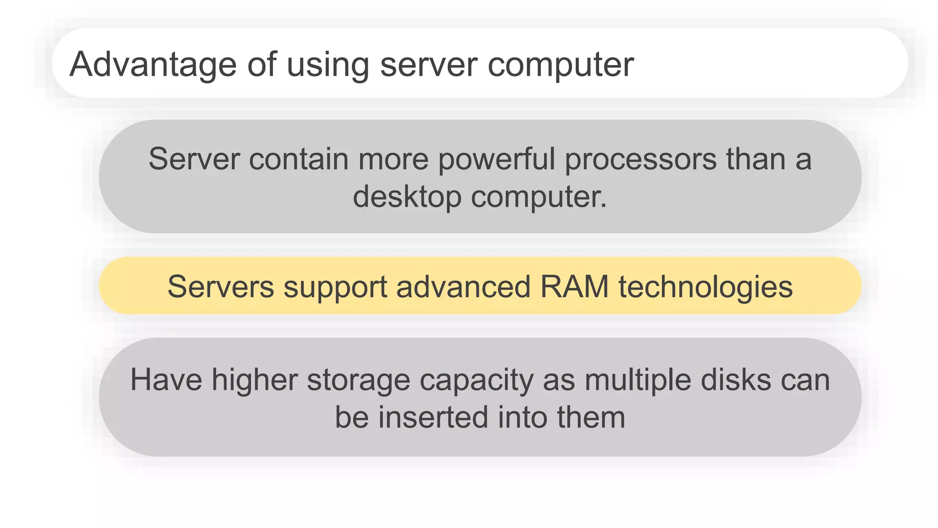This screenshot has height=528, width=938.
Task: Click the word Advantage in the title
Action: tap(153, 65)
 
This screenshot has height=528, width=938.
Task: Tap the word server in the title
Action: tap(429, 65)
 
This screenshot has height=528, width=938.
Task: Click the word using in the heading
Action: tap(327, 65)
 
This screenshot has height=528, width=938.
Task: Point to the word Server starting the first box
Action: tap(194, 159)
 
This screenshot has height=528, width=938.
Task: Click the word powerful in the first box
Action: tap(496, 159)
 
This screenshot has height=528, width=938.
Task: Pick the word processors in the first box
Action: tap(640, 159)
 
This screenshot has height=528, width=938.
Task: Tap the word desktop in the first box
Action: tap(407, 197)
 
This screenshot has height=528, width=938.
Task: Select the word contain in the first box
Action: tap(299, 159)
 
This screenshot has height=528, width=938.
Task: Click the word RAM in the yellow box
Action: tap(574, 287)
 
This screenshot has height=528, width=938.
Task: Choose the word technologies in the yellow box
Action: tap(705, 287)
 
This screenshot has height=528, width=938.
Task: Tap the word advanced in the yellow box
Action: tap(463, 287)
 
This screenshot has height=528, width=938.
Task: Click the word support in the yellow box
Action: tap(335, 287)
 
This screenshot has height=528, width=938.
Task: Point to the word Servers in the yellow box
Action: tap(221, 287)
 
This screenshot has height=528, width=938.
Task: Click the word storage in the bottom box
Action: tap(358, 380)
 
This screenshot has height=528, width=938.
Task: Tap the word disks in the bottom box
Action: tap(736, 380)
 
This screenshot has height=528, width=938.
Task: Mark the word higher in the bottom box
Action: tap(254, 380)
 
